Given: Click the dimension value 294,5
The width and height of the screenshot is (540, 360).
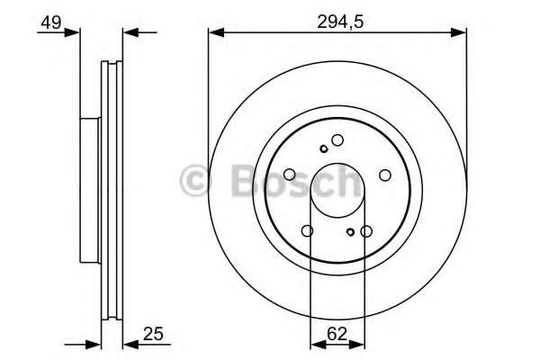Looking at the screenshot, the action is click(x=340, y=22).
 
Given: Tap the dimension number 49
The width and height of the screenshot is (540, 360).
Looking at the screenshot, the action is click(x=51, y=22).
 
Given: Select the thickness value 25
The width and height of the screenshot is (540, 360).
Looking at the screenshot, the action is click(x=153, y=334).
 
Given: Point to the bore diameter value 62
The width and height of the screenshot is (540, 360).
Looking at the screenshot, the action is click(x=337, y=334).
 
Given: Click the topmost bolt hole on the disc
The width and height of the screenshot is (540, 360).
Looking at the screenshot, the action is click(x=337, y=140).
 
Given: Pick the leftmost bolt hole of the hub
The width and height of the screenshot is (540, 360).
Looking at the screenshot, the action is click(x=290, y=175).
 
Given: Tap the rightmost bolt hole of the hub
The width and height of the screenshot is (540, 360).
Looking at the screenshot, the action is click(x=385, y=175).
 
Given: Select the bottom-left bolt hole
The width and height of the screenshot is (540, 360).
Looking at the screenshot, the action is click(x=307, y=230).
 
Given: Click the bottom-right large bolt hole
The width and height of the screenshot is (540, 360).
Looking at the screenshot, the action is click(x=366, y=231).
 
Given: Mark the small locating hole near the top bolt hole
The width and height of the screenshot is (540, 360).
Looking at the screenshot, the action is click(x=323, y=148).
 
